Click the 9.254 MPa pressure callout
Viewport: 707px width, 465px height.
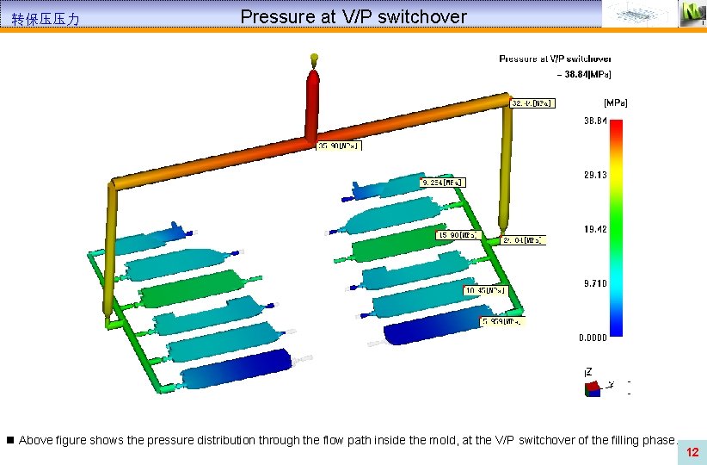tap(442, 183)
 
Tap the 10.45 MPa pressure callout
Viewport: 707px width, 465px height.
tap(486, 291)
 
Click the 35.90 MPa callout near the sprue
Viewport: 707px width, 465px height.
tap(339, 146)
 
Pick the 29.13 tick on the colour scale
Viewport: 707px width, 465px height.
tap(595, 175)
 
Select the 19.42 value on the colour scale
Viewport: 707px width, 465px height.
tap(595, 229)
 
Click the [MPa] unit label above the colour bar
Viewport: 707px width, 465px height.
tap(616, 102)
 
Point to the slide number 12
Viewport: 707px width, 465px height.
tap(692, 452)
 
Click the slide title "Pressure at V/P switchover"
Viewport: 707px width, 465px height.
tap(353, 16)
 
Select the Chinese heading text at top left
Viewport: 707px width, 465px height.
tap(46, 18)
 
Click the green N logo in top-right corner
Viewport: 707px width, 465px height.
tap(692, 13)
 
